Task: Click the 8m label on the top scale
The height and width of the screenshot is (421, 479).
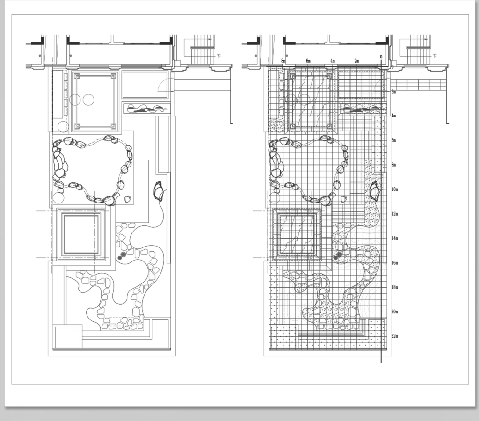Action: click(283, 61)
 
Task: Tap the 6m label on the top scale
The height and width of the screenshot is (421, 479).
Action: click(308, 61)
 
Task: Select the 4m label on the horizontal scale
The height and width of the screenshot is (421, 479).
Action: click(333, 61)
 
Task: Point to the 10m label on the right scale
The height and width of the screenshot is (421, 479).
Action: click(395, 189)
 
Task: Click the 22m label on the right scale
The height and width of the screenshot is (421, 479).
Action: click(395, 336)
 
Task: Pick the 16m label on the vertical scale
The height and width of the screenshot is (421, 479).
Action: click(395, 263)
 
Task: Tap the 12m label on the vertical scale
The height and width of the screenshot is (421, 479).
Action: click(395, 214)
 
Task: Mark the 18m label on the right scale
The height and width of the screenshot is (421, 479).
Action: click(395, 287)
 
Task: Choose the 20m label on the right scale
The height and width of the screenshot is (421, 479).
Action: click(395, 312)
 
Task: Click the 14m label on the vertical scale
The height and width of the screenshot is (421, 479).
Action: click(395, 238)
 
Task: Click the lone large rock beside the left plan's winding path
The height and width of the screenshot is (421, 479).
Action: click(158, 191)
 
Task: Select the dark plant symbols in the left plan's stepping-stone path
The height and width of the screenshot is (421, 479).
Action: click(122, 256)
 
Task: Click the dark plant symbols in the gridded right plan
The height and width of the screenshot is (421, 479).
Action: click(338, 256)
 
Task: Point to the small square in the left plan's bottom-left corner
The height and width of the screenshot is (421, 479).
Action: click(68, 337)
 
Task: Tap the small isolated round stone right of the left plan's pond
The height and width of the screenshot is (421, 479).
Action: click(128, 199)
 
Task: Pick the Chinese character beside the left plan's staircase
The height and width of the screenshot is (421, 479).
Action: click(219, 56)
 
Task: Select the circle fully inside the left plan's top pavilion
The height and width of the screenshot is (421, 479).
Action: click(88, 100)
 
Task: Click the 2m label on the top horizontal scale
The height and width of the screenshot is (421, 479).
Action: click(356, 61)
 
